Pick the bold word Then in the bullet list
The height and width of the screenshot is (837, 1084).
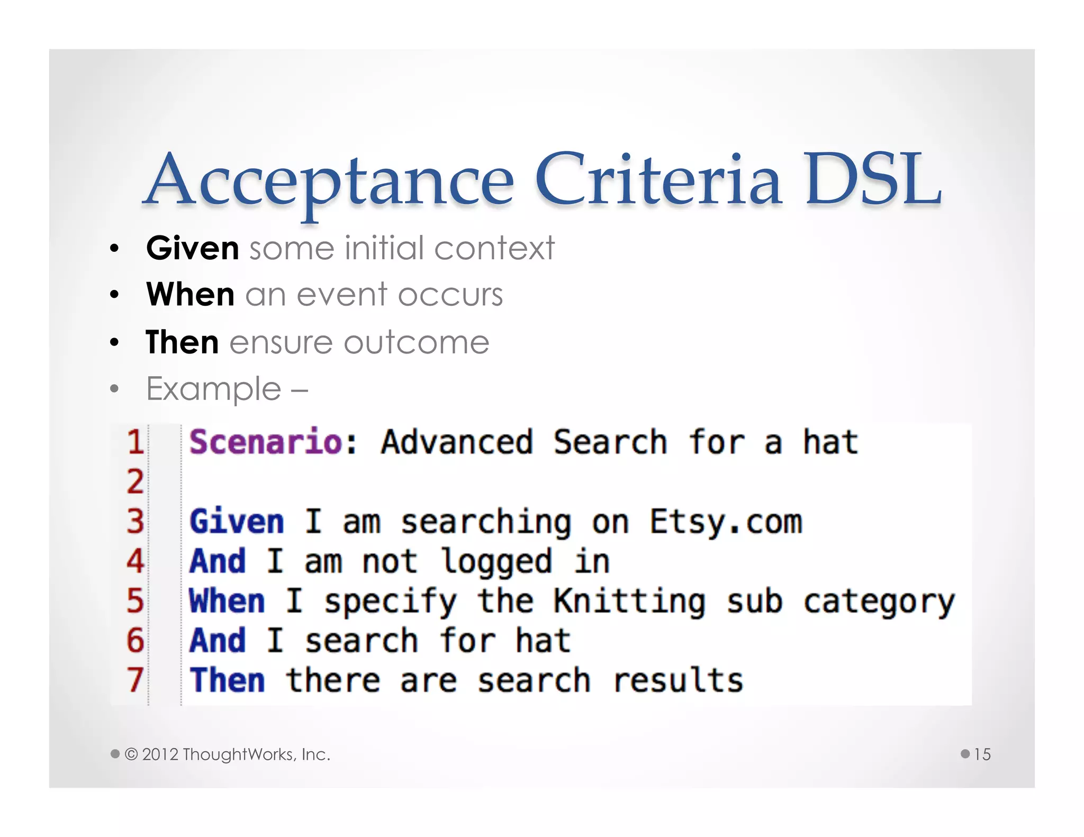[183, 342]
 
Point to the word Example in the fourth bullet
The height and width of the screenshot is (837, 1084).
[214, 389]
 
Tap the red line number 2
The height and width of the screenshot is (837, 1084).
[135, 481]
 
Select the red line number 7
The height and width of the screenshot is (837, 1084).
[135, 680]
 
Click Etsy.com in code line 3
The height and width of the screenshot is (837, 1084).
[726, 522]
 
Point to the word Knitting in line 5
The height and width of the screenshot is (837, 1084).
[629, 602]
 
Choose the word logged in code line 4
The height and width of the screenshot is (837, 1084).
[496, 562]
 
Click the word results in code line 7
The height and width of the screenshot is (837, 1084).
[678, 680]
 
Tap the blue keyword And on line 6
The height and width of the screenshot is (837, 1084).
[218, 641]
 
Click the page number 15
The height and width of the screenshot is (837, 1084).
[982, 754]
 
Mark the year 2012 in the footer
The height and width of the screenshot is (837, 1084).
[160, 754]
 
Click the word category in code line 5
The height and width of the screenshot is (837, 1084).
[879, 603]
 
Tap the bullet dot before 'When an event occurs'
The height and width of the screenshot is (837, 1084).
[114, 295]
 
